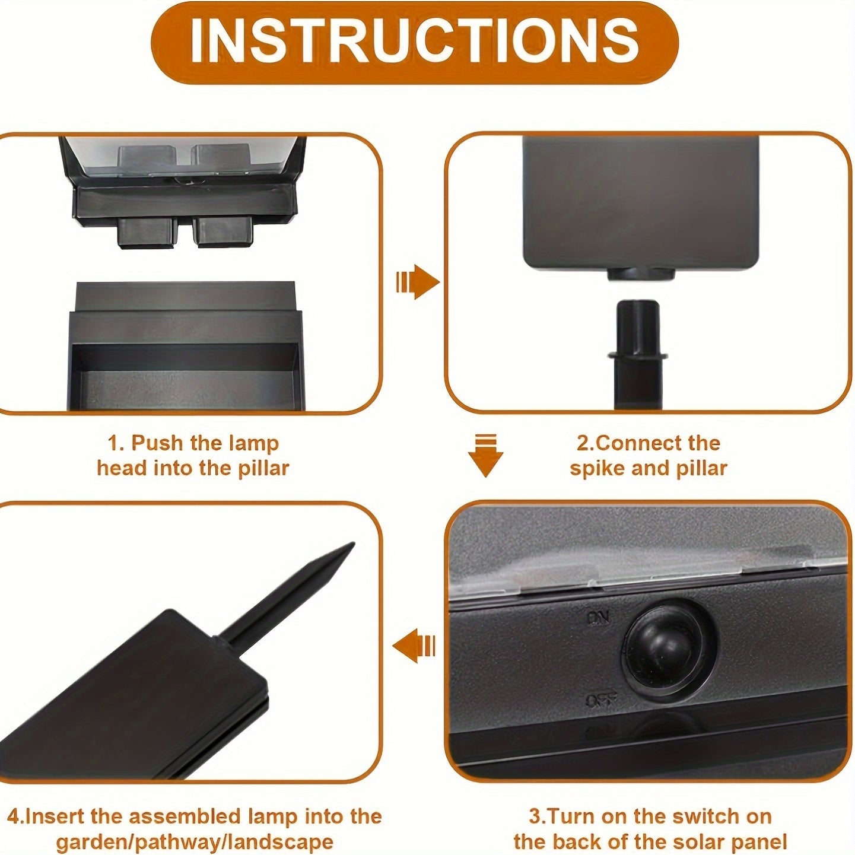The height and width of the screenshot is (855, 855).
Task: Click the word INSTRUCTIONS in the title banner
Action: coord(414,42)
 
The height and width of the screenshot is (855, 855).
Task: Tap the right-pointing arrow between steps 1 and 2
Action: coord(418,282)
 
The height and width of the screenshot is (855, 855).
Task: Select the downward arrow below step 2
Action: coord(485,455)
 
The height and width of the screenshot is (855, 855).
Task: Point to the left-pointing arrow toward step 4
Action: coord(414,646)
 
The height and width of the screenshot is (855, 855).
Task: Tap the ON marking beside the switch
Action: coord(597,618)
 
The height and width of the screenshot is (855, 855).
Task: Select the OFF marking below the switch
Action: coord(601,700)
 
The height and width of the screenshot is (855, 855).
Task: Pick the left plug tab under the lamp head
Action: coord(148,231)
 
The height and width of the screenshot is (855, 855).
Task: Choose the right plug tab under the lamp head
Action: coord(223,231)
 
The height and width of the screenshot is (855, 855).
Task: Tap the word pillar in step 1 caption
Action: coord(263,468)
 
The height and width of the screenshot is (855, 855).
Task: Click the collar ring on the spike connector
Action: coord(638,357)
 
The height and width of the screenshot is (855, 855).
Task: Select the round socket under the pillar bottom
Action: coord(640,274)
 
